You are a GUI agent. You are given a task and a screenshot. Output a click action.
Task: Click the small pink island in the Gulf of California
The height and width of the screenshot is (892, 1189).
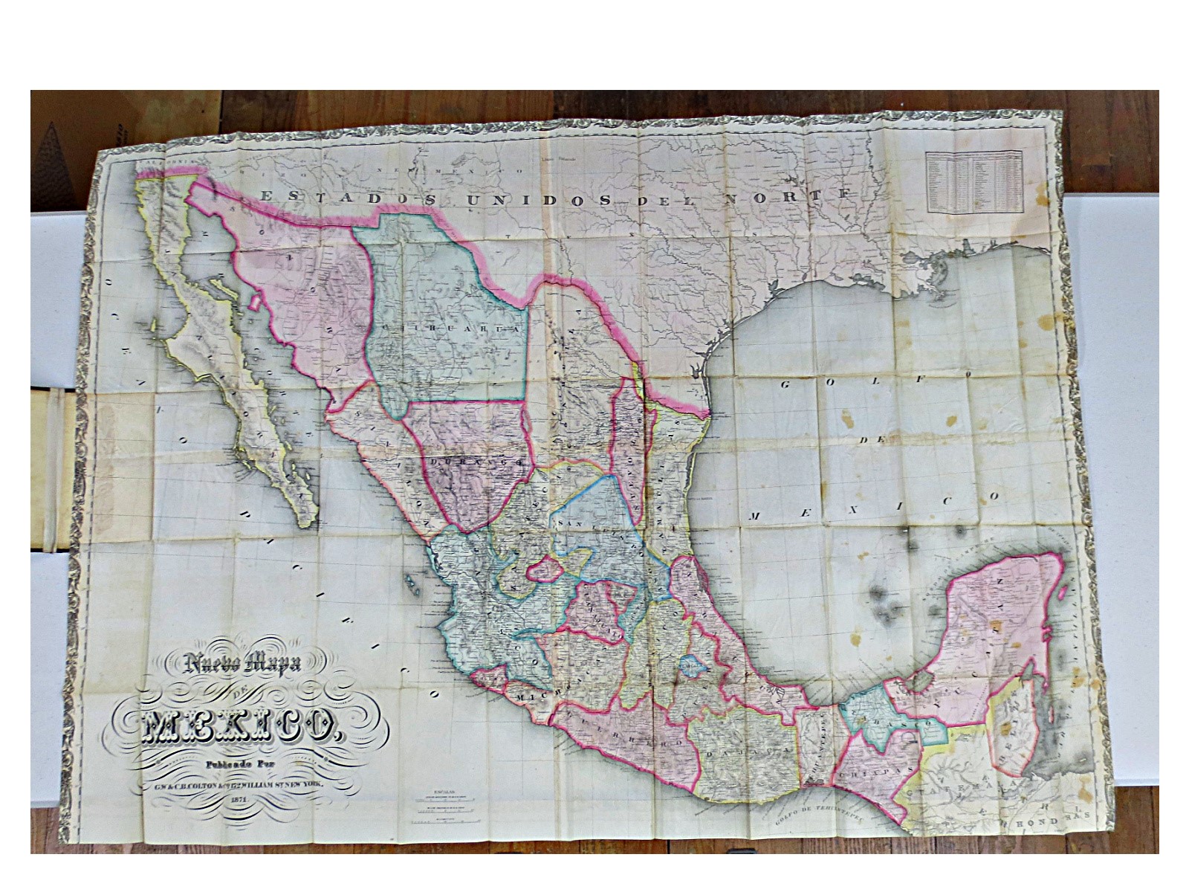coord(256,303)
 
